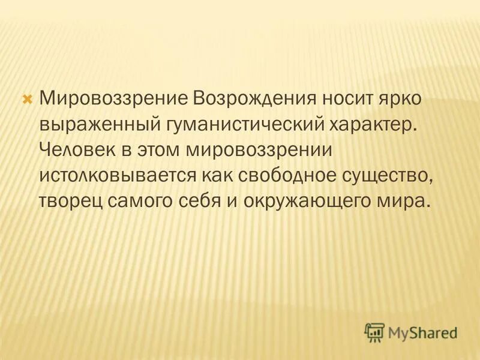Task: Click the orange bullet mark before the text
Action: click(26, 97)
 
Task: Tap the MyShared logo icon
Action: click(374, 332)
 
